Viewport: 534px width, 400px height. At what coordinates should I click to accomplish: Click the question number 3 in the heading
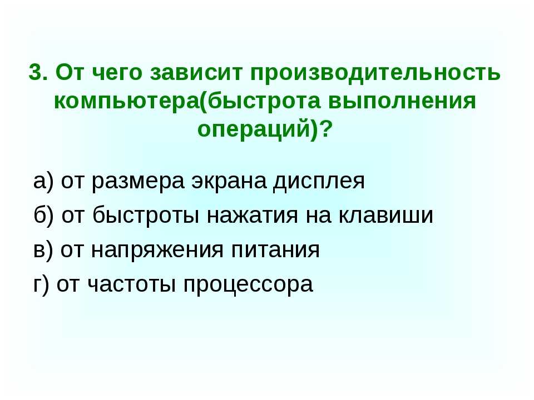coord(35,72)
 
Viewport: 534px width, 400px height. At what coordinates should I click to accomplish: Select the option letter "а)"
coord(43,182)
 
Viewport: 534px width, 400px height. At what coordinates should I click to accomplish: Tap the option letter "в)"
coord(43,250)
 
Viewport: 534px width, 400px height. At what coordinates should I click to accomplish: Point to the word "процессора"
coord(249,284)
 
